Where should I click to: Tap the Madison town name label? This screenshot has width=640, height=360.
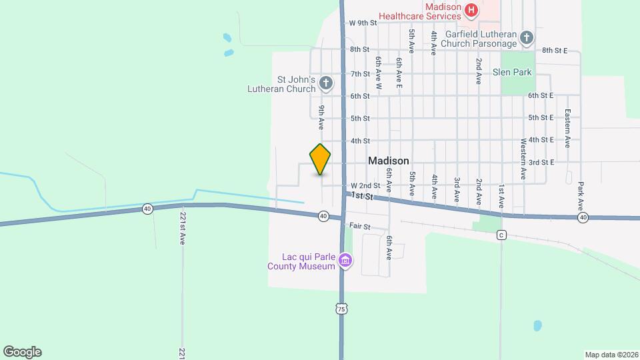pos(388,161)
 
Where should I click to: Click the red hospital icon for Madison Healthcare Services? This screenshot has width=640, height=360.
pos(471,9)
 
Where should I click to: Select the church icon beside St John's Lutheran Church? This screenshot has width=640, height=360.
pos(325,83)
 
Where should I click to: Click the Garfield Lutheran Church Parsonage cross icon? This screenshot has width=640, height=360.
pos(527,38)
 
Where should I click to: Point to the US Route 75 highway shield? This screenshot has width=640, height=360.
pos(341,309)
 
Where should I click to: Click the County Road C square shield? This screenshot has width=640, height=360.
pos(501,235)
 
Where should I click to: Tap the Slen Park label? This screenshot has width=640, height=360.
pos(512,72)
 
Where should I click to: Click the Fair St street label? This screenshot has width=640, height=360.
pos(361,227)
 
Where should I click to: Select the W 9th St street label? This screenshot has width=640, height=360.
pos(363,23)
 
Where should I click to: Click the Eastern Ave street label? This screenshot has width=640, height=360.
pos(567,127)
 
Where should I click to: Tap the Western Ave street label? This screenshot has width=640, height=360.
pos(523,159)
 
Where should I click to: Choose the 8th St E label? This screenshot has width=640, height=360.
pos(554,50)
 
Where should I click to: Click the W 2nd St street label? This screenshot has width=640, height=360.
pos(365,185)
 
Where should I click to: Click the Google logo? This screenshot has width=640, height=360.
pos(22,352)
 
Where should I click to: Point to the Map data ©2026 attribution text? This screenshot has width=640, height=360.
pos(611,355)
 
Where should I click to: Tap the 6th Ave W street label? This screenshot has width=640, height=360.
pos(377,72)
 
